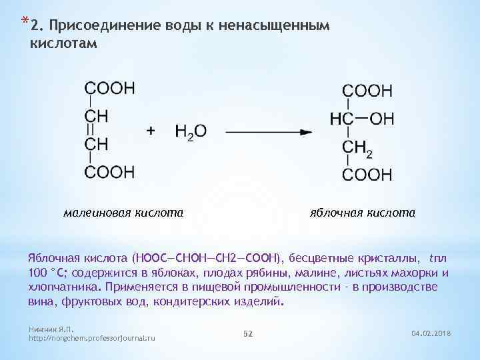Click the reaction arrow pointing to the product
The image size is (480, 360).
coord(268,131)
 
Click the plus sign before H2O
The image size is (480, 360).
coord(151,131)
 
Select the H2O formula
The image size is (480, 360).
coord(191,132)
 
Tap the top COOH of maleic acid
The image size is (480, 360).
coord(109,89)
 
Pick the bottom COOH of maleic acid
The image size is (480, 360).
coord(109,172)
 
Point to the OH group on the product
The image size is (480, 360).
coord(382,119)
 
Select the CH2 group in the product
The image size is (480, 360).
coord(357,148)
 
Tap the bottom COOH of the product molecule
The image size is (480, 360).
coord(367,175)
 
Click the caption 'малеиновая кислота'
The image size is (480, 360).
coord(123,213)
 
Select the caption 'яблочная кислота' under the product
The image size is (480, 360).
coord(363,213)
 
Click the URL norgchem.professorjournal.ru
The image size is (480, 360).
coord(93,339)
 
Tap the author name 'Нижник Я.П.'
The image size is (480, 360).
coord(51,329)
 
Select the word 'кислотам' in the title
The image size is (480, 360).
coord(64,43)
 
